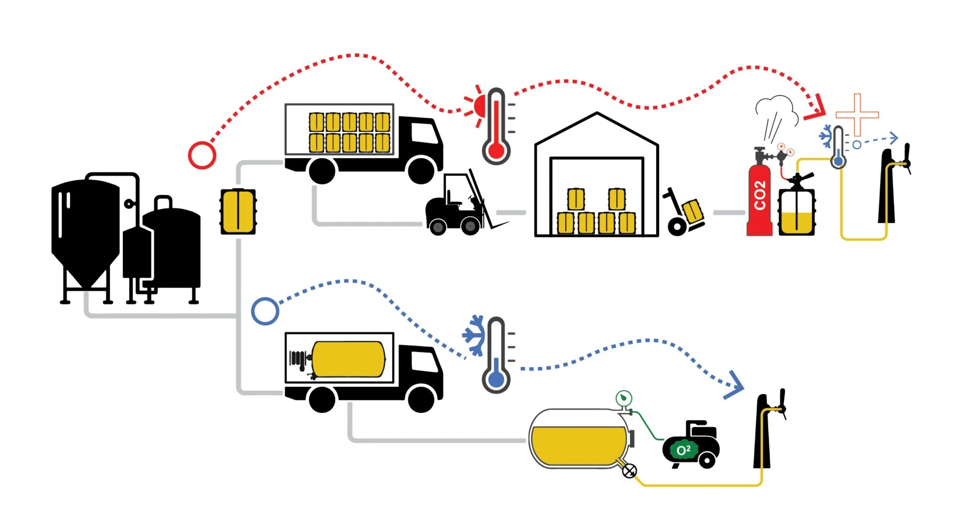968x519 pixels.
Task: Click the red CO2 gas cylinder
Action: coord(759,202)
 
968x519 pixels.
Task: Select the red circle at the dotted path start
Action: coord(202,155)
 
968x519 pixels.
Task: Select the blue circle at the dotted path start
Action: coord(265,311)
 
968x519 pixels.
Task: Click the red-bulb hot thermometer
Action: coord(496,129)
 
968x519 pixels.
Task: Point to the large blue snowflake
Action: coord(475,335)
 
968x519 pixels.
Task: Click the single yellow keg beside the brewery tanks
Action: coord(238,211)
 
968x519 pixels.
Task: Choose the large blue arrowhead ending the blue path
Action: coord(735,386)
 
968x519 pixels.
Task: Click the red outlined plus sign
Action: coord(857,115)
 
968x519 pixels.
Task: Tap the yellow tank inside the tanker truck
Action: coord(348,359)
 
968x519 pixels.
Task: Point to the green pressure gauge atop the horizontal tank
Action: coord(623,398)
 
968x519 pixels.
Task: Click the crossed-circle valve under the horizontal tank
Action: coord(629,471)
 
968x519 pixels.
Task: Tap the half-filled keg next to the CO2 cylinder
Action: coord(796,211)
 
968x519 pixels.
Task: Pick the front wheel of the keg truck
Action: coord(420,170)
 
